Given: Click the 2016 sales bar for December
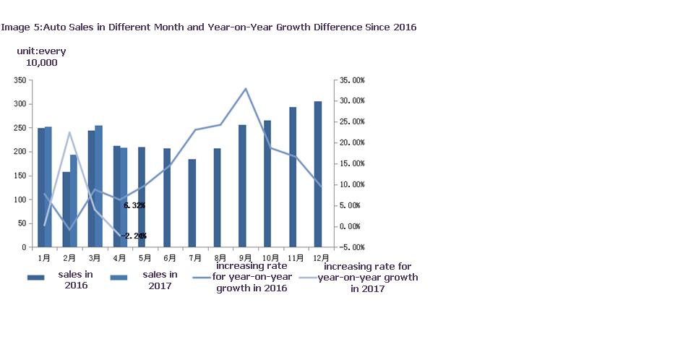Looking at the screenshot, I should point(318,174).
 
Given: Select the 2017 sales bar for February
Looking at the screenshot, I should point(73,201).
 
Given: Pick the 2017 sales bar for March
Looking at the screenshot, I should point(98,187).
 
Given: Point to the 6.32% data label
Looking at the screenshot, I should point(134,205).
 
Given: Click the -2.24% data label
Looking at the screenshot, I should point(134,236).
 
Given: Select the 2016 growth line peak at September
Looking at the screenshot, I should point(246,88).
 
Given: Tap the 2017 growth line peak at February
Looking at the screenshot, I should point(69,132).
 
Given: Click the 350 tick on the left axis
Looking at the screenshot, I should point(20,80).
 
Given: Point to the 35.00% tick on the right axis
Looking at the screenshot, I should point(353,80).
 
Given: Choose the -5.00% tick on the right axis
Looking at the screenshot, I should point(353,247).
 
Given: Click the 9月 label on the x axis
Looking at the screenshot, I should point(246,257).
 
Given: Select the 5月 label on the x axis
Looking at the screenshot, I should point(145,257).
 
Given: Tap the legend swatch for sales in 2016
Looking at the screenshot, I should point(37,278).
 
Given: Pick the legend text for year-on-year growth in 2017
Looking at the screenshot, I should point(367,278).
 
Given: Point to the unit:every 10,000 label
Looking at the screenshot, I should point(41,57).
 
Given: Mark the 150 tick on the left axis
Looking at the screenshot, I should point(20,176).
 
